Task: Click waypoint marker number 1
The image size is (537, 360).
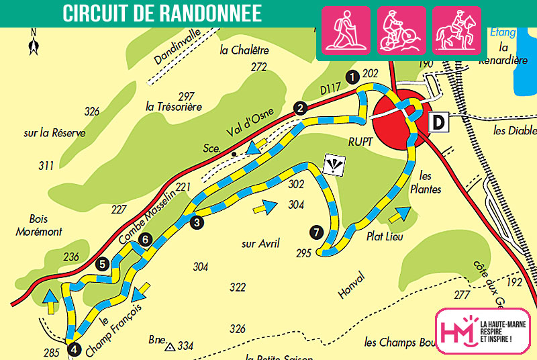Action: point(351,77)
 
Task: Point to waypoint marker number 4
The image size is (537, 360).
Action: point(74,349)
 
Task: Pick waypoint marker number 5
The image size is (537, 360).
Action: point(102,264)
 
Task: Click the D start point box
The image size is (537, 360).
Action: point(438,122)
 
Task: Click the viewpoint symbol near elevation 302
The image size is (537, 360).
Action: point(332,165)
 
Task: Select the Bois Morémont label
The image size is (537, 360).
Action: point(46,225)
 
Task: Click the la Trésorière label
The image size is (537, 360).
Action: point(174,106)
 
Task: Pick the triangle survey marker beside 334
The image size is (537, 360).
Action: point(170,347)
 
